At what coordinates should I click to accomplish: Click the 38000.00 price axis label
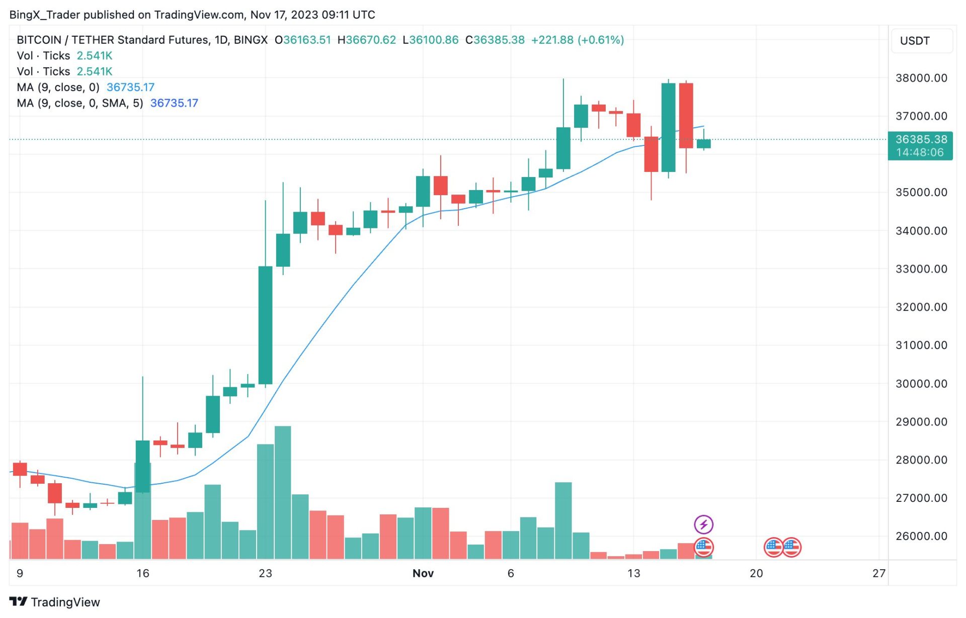(921, 78)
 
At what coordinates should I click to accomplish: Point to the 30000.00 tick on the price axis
(921, 384)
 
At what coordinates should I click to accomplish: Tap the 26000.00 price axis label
(921, 536)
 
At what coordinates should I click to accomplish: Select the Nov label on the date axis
(423, 573)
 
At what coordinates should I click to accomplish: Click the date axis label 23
(265, 573)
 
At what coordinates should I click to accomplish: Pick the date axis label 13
(633, 573)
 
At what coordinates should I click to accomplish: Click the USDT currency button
(915, 41)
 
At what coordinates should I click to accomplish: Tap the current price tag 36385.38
(920, 140)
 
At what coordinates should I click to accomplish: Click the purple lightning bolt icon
(703, 524)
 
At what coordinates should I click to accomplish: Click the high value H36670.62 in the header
(366, 40)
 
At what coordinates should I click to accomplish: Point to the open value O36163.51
(302, 40)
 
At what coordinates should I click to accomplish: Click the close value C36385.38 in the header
(495, 40)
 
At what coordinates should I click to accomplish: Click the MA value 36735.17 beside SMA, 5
(174, 103)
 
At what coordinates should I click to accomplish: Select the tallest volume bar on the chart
(283, 493)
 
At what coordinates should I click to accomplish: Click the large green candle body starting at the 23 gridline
(265, 325)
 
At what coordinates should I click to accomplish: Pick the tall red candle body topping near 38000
(686, 116)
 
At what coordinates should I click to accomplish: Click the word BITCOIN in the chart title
(39, 40)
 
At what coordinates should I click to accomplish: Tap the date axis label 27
(878, 573)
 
